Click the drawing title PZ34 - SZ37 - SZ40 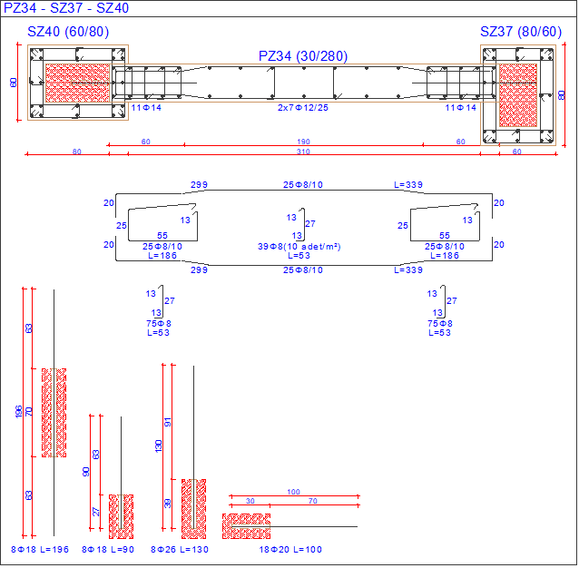click(65, 8)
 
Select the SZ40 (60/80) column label click(67, 32)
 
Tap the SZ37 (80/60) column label click(520, 32)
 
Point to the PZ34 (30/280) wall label click(302, 56)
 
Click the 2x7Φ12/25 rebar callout click(302, 108)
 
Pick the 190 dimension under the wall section click(304, 142)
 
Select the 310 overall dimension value click(304, 152)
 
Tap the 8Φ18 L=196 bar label click(40, 550)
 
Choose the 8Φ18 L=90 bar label click(108, 550)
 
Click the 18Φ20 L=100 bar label click(291, 550)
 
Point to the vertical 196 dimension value click(19, 412)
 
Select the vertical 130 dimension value click(159, 446)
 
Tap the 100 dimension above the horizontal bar click(293, 492)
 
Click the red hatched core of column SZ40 click(77, 82)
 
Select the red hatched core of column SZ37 click(517, 93)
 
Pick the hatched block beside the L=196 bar click(54, 412)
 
